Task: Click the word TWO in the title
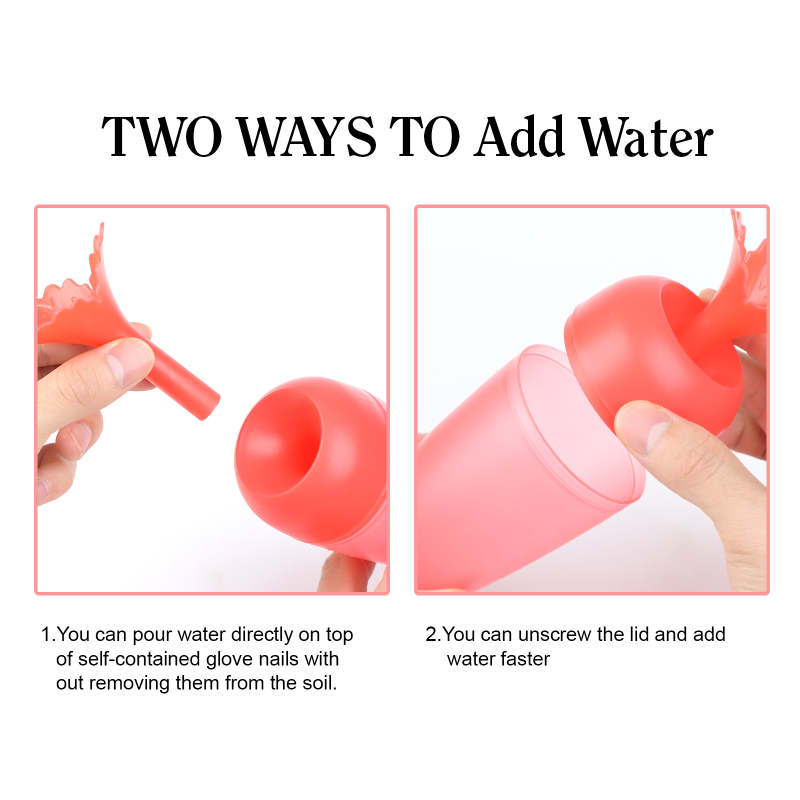[x=162, y=136]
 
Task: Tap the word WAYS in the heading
[x=306, y=136]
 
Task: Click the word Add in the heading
[x=520, y=135]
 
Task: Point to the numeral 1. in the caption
[x=48, y=634]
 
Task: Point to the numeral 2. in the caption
[x=433, y=634]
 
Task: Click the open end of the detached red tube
[x=210, y=405]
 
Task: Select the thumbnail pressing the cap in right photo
[x=642, y=425]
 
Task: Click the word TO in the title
[x=424, y=136]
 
